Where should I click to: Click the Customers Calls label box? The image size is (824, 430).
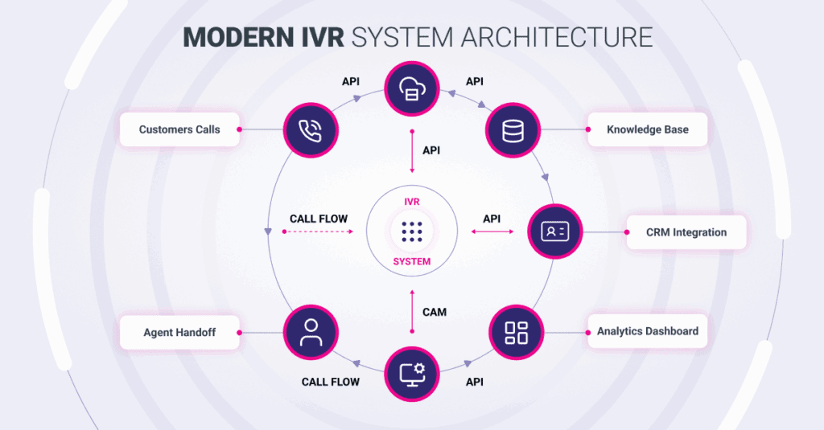179,129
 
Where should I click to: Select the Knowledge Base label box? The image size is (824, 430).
647,129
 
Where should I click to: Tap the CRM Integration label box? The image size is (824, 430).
686,232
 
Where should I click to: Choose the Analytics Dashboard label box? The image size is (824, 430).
647,331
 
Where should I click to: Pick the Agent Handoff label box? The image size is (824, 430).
179,332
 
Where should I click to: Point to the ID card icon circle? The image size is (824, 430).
554,231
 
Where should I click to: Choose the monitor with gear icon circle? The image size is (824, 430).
411,373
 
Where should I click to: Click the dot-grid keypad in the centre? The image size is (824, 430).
411,232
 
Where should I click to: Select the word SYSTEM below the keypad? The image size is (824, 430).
411,261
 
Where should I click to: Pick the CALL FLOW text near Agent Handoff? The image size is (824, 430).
331,382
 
